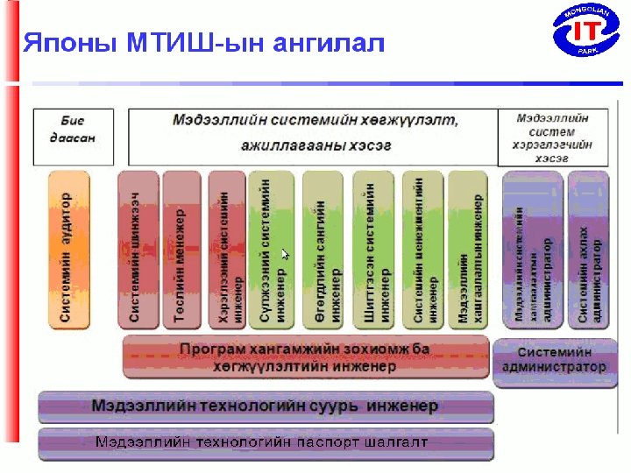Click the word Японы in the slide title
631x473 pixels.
[67, 41]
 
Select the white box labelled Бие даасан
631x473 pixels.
[73, 136]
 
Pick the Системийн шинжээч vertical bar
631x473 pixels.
[137, 251]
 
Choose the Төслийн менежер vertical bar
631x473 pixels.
[181, 251]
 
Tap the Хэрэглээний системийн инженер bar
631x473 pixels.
[227, 251]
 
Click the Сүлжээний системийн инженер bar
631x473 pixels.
[271, 251]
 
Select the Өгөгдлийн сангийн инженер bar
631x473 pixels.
[322, 251]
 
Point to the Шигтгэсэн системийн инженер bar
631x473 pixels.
[373, 251]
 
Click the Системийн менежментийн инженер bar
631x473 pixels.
[423, 251]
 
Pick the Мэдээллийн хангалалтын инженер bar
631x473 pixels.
[467, 251]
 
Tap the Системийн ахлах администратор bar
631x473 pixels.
[588, 251]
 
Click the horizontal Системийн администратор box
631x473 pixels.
[553, 360]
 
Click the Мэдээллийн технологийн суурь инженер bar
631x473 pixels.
[266, 407]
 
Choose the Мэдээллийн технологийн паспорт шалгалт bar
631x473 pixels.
[266, 443]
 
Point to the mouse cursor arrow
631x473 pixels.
[285, 253]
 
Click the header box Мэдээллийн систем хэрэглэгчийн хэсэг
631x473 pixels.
[554, 137]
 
